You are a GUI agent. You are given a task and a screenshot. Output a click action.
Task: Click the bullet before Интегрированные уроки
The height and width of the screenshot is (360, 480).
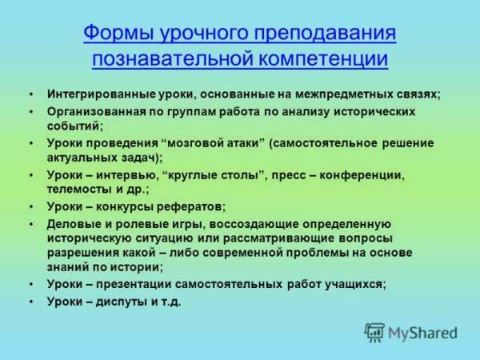[30, 94]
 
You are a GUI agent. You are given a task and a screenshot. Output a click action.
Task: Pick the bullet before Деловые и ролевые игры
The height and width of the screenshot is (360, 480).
[30, 224]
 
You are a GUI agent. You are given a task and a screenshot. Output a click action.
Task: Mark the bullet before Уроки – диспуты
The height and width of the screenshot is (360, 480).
[30, 302]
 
